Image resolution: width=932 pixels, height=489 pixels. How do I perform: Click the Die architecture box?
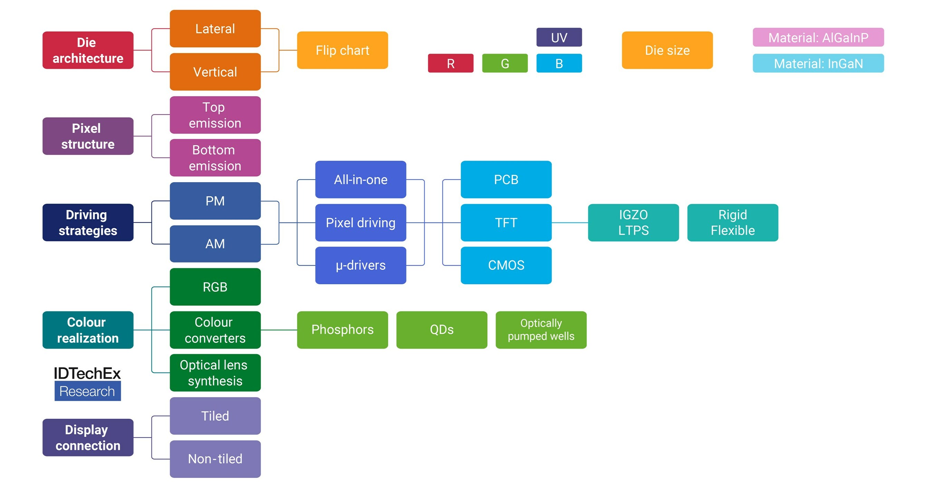point(88,50)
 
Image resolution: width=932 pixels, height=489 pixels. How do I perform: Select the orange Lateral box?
point(215,29)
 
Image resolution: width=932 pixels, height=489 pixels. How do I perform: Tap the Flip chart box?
point(342,50)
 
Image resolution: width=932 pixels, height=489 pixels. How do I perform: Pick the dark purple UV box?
point(559,37)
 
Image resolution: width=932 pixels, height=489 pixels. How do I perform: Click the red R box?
point(450,63)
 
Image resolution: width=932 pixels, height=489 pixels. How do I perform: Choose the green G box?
point(505,63)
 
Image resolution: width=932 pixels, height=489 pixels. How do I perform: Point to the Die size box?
point(667,50)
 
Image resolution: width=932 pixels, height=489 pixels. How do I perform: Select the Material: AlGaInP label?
point(818,37)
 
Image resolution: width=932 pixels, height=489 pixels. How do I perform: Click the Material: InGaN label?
point(818,63)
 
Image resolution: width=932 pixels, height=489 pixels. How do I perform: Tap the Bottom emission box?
point(215,158)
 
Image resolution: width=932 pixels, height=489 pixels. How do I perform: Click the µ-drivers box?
point(361,265)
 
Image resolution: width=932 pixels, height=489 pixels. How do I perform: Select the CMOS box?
point(506,265)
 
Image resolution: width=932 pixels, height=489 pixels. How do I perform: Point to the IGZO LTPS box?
point(633,222)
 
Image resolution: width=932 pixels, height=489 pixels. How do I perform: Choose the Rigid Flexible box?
point(733,222)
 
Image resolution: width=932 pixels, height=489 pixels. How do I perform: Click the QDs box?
point(441,330)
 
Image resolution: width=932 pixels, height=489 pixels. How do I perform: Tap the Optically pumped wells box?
point(541,330)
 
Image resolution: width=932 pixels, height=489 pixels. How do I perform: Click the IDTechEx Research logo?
point(87,383)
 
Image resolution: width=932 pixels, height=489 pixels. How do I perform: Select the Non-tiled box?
point(215,459)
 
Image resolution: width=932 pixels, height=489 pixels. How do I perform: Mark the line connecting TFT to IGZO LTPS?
point(570,222)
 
